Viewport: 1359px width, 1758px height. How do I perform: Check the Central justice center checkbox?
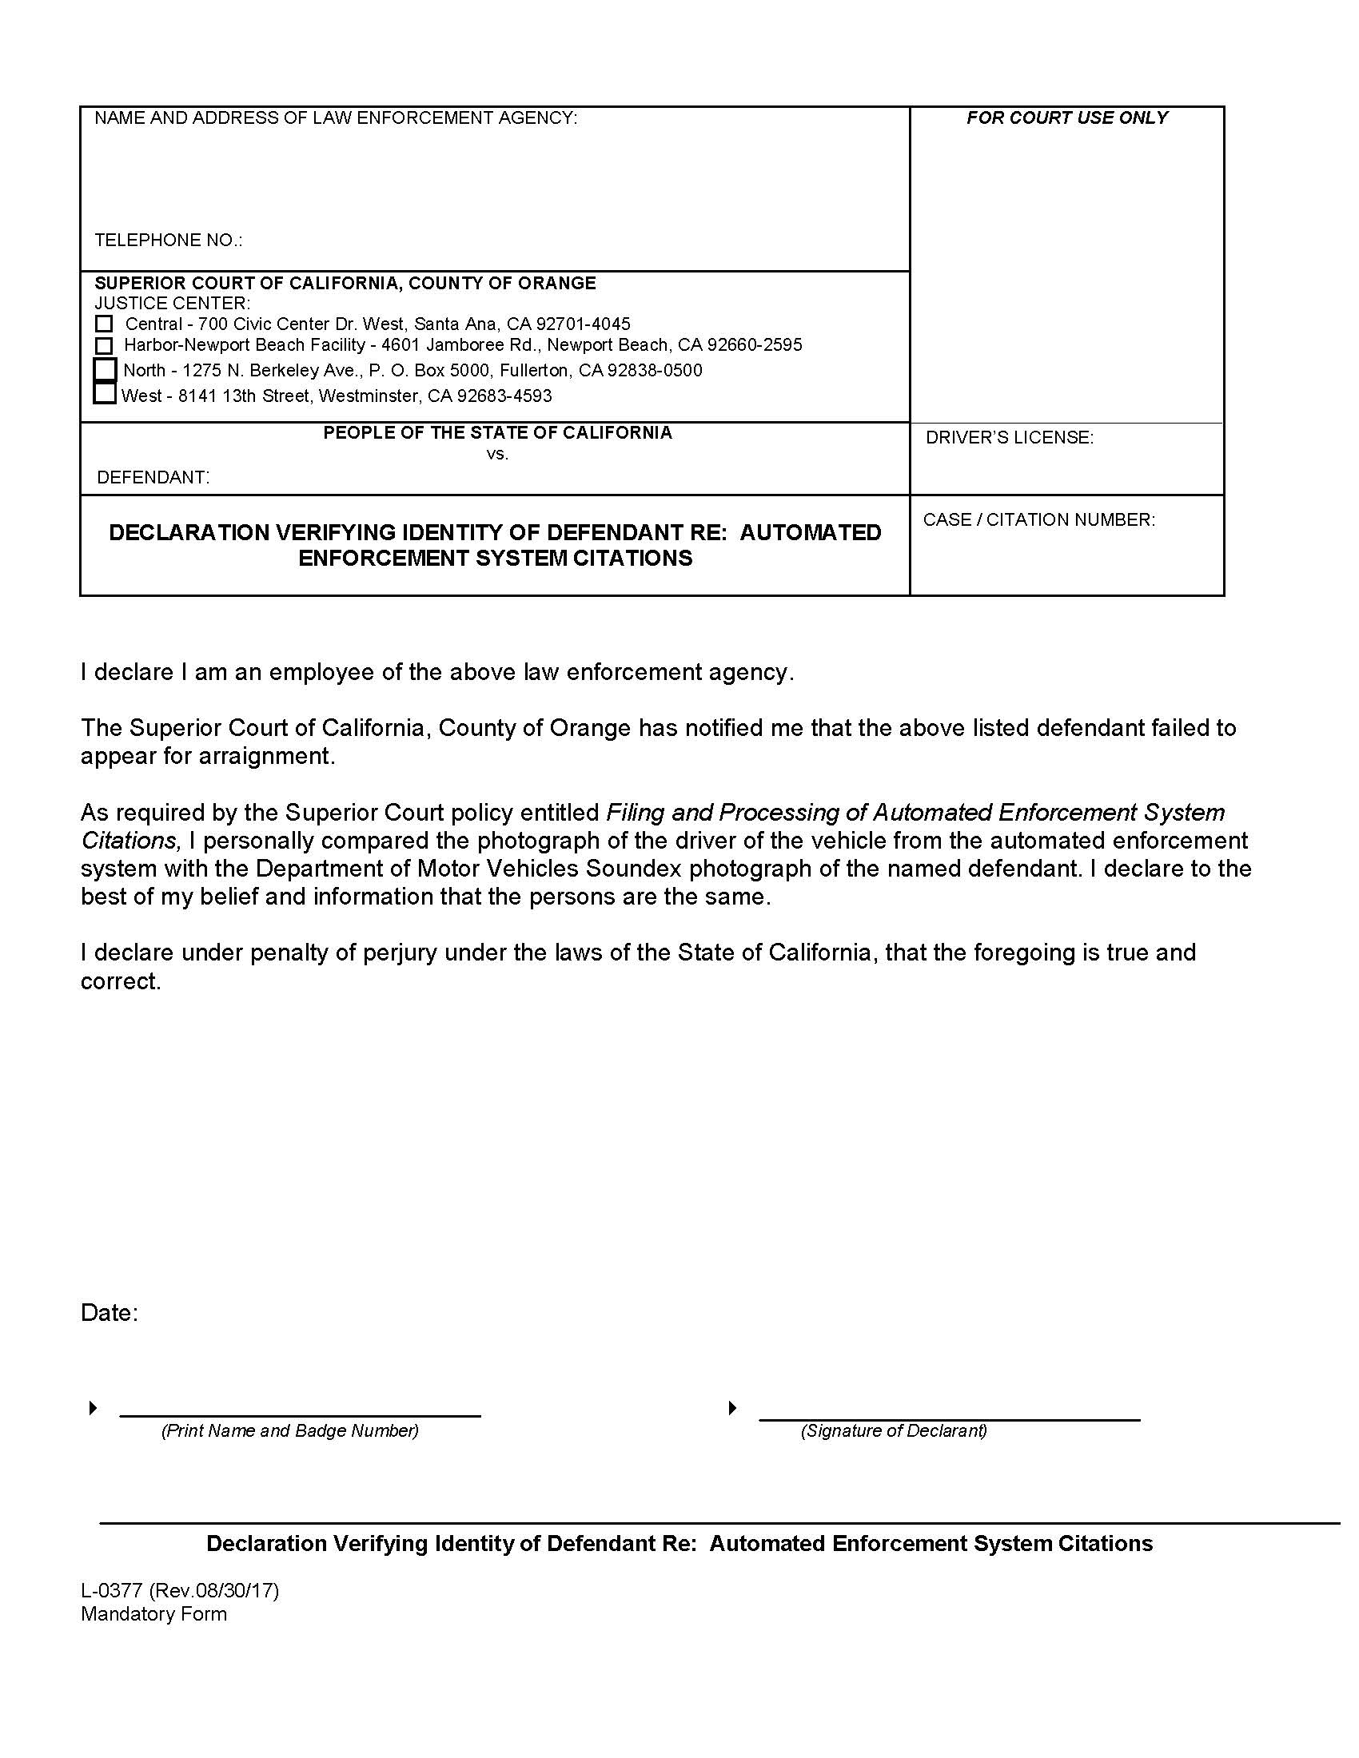point(104,324)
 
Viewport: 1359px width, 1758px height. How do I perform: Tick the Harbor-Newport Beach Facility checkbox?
point(104,346)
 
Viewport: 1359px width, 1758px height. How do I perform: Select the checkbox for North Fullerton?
point(106,370)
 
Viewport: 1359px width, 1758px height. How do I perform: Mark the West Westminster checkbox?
point(105,394)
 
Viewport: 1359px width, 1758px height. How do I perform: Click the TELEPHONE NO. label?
point(168,241)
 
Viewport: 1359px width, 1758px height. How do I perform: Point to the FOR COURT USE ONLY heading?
point(1066,118)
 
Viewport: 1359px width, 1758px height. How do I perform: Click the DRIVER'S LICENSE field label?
point(1009,438)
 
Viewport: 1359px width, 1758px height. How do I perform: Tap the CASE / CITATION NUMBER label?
point(1038,520)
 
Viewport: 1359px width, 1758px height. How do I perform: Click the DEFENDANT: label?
point(153,477)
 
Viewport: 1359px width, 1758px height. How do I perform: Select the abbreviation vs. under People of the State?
point(497,454)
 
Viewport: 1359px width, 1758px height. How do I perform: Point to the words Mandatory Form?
point(153,1614)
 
